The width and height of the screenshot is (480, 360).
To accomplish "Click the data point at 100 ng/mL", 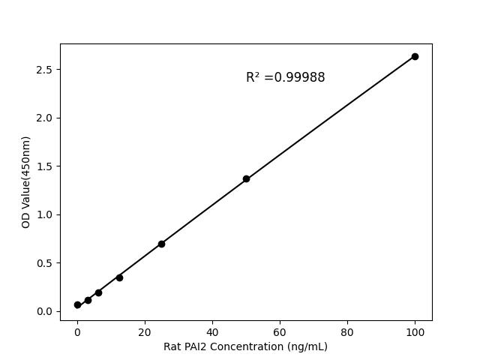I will point(415,56).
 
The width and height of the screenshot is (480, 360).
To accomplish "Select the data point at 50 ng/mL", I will point(246,178).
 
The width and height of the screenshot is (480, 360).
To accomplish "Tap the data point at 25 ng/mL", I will point(161,244).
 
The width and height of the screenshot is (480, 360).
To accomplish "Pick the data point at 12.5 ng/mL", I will point(119,277).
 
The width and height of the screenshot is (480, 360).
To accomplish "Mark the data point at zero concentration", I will point(77,304).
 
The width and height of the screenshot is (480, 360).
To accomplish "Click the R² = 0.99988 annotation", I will point(285,77).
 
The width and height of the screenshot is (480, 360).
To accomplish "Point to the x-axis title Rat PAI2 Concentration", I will point(245,346).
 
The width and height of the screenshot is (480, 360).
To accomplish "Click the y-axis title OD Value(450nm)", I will point(26,182).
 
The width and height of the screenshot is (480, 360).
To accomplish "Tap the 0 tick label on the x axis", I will point(77,331).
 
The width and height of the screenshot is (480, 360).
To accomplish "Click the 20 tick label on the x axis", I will point(145,331).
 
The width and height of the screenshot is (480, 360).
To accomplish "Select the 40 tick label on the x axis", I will point(212,331).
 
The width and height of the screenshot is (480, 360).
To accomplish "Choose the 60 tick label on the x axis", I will point(280,331).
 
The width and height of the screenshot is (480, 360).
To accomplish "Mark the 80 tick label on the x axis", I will point(347,331).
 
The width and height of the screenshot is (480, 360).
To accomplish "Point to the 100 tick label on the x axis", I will point(415,331).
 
